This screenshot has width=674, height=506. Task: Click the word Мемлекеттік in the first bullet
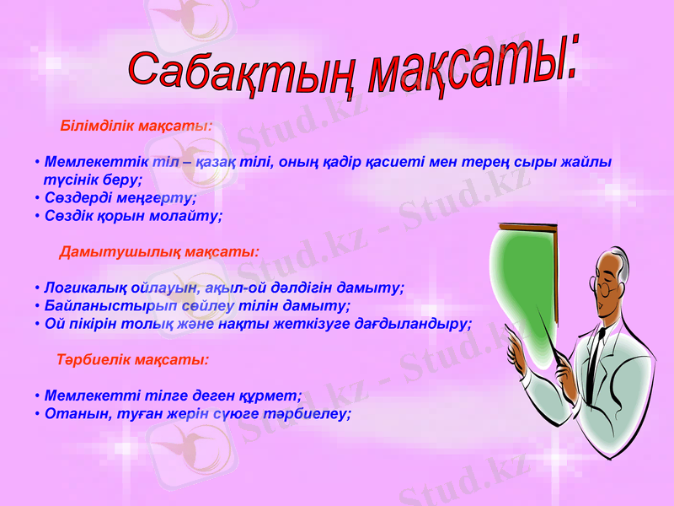[94, 161]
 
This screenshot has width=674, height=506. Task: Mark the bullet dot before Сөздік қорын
[38, 217]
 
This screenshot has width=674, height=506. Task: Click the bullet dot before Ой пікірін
[38, 324]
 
